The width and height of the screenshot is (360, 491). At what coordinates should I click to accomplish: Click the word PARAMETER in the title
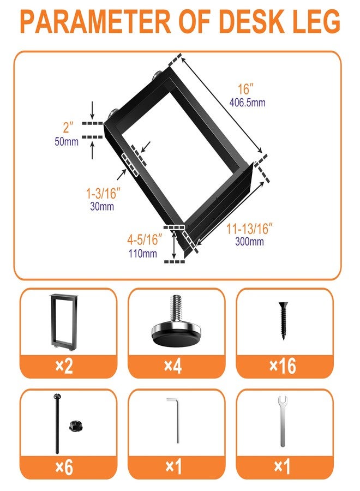pyautogui.click(x=95, y=22)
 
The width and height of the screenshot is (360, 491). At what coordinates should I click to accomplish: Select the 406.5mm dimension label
pyautogui.click(x=247, y=103)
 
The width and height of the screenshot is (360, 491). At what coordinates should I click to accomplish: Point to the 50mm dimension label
pyautogui.click(x=67, y=141)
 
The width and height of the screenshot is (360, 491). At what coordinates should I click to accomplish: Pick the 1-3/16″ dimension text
pyautogui.click(x=103, y=194)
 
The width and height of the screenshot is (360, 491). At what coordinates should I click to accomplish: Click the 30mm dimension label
pyautogui.click(x=102, y=206)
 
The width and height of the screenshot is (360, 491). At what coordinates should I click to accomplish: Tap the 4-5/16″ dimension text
pyautogui.click(x=145, y=240)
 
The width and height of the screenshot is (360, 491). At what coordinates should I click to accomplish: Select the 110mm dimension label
pyautogui.click(x=143, y=253)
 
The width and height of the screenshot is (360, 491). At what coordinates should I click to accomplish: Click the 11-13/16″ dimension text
pyautogui.click(x=249, y=229)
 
